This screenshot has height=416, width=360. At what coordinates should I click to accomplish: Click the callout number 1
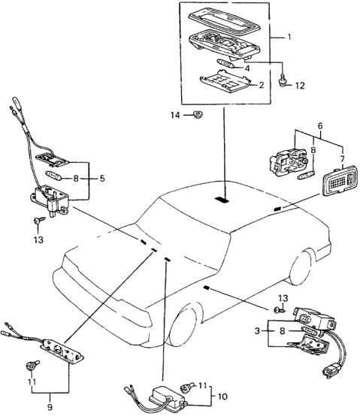(x=289, y=37)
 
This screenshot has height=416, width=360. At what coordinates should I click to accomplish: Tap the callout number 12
(x=300, y=86)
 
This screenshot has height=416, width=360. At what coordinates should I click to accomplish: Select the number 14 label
(x=175, y=116)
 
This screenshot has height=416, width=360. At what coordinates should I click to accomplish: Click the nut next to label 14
(x=198, y=115)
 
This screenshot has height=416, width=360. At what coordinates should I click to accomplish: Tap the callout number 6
(x=320, y=125)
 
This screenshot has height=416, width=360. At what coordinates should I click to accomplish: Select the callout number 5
(x=102, y=179)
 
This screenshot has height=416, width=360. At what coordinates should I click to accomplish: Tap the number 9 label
(x=50, y=407)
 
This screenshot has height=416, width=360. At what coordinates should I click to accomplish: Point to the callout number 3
(x=257, y=331)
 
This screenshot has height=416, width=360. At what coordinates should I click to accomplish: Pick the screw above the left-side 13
(x=39, y=220)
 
